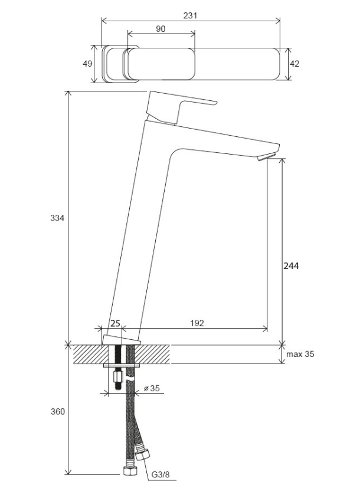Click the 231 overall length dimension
190,15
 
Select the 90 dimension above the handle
161,29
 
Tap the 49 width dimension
87,64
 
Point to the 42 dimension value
294,64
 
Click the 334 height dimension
57,218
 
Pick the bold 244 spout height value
291,266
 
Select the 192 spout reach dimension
197,323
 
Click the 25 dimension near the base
115,323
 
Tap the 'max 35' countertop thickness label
300,354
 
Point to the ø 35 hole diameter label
152,388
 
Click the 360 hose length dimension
58,412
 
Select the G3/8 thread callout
161,475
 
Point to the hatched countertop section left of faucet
90,354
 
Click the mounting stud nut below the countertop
117,376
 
